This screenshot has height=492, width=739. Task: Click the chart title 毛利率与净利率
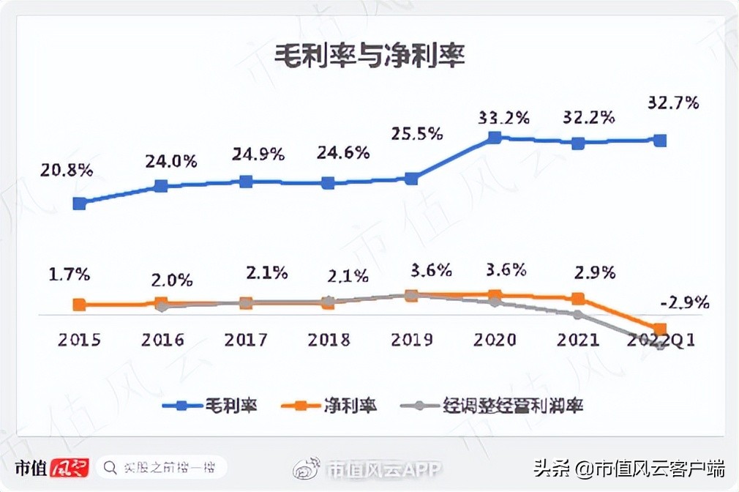tap(369, 56)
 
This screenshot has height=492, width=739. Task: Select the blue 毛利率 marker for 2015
tap(80, 203)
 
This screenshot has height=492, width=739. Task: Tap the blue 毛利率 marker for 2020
tap(495, 137)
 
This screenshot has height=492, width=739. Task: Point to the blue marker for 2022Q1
tap(660, 140)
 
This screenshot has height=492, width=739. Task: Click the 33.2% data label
tap(502, 117)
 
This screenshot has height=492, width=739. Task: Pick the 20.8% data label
tap(67, 171)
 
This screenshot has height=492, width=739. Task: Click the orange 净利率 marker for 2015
tap(80, 305)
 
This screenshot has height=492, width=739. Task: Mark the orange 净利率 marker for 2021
tap(578, 299)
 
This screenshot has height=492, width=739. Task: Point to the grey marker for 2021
tap(578, 315)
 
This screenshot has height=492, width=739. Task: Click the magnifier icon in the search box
tap(110, 467)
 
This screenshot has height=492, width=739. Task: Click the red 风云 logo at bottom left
tap(70, 467)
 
